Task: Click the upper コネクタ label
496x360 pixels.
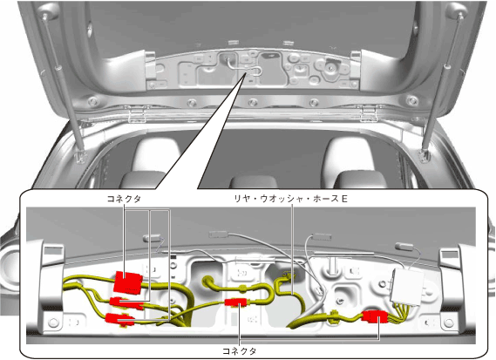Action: (124, 199)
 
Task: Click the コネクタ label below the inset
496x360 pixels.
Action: (240, 351)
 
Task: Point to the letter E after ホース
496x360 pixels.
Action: (344, 199)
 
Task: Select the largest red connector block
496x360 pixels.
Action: (127, 282)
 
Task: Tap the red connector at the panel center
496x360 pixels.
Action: (235, 302)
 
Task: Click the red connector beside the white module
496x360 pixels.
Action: (375, 316)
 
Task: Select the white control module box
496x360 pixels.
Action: (407, 287)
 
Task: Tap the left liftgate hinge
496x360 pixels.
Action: (137, 114)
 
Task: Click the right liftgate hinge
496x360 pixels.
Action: (369, 113)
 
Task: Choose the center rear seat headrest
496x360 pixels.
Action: (253, 182)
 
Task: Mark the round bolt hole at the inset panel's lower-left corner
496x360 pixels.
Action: (53, 323)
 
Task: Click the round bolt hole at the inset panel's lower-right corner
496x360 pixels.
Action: (449, 323)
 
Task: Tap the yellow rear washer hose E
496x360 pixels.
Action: (292, 295)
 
